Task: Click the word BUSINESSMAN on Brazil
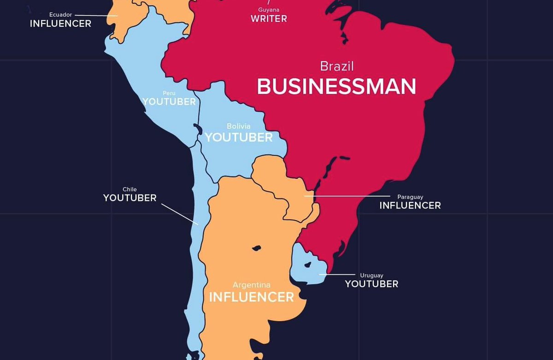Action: point(336,87)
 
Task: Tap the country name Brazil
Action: point(337,66)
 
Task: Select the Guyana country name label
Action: point(269,10)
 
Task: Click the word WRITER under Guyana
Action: point(269,19)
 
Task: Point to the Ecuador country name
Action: point(60,15)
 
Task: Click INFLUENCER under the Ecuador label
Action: point(60,24)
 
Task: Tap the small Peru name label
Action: point(169,93)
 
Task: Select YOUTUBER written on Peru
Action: point(169,102)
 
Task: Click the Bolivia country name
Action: point(239,126)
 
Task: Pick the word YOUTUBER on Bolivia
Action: point(239,137)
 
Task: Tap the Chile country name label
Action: point(129,189)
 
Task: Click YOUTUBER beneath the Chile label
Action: point(129,198)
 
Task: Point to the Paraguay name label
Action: point(410,197)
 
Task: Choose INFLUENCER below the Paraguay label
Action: point(410,206)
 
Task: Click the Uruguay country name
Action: point(371,276)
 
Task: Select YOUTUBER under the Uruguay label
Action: point(371,284)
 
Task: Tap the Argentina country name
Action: point(251,285)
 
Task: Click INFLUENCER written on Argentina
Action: point(251,297)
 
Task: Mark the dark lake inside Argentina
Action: point(255,248)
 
